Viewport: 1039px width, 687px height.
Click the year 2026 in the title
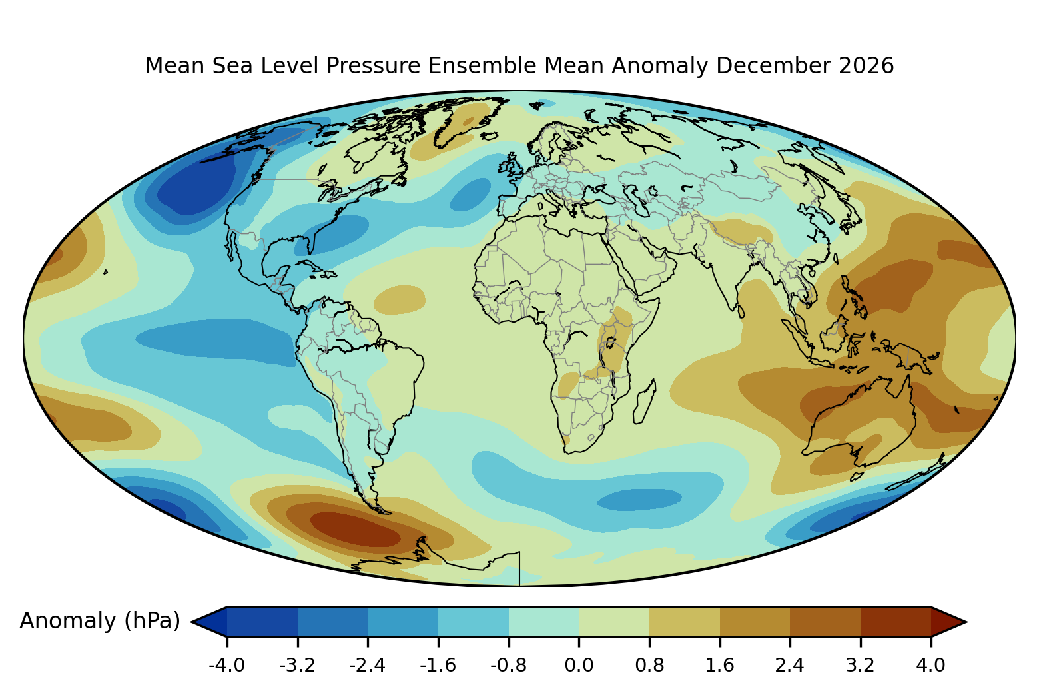pos(866,65)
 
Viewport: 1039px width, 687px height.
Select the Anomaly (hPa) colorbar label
pos(100,621)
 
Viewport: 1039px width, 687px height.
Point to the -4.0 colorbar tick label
pos(227,665)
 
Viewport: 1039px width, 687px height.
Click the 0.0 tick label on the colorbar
pos(579,665)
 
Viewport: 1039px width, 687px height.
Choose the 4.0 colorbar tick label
pos(930,665)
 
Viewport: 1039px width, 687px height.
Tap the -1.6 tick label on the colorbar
pos(438,665)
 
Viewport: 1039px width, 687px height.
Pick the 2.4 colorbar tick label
pos(790,665)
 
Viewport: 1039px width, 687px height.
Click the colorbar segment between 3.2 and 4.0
pos(896,622)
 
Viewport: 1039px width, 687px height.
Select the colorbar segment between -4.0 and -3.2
pos(262,622)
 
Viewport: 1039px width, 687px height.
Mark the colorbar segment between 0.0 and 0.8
pos(614,622)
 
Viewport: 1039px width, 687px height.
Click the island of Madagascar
pos(645,402)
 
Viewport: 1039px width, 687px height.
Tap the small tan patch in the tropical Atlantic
pos(400,300)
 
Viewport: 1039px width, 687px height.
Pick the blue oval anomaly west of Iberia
pos(470,195)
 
